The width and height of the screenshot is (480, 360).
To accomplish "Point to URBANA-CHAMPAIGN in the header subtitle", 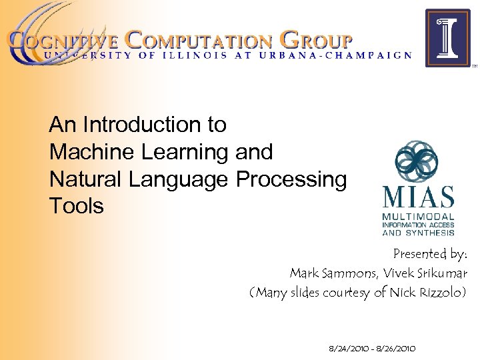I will [353, 55].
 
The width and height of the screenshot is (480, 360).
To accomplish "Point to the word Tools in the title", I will [77, 206].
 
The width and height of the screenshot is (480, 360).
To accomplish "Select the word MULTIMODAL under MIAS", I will [418, 217].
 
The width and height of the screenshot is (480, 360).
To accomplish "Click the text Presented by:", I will [430, 254].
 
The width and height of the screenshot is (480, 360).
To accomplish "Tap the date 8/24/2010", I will [347, 348].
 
